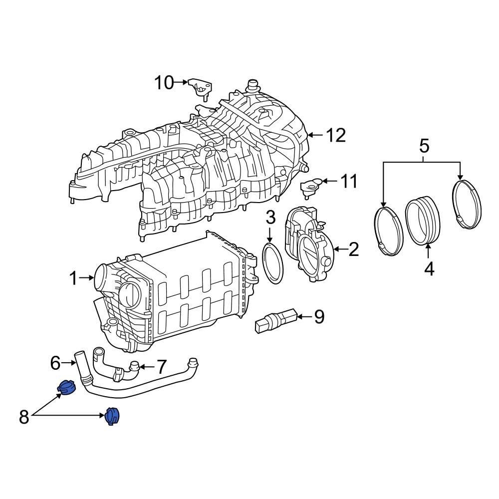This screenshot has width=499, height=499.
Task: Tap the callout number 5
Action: pyautogui.click(x=423, y=146)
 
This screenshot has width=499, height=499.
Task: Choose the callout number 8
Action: pyautogui.click(x=24, y=417)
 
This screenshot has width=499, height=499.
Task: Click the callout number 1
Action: pyautogui.click(x=73, y=278)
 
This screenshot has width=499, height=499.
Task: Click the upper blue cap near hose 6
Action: pyautogui.click(x=66, y=387)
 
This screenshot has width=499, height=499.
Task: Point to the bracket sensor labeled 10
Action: pyautogui.click(x=200, y=88)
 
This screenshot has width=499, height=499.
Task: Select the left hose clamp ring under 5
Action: pyautogui.click(x=389, y=232)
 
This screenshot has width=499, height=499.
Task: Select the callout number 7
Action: pyautogui.click(x=161, y=367)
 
